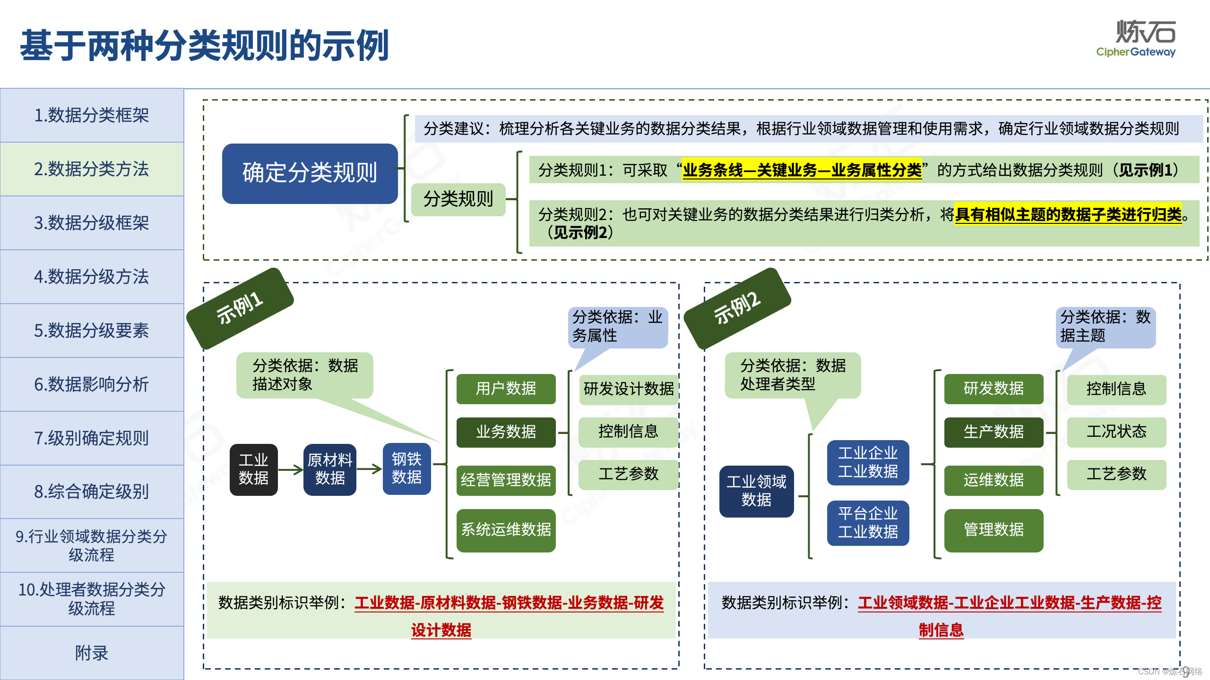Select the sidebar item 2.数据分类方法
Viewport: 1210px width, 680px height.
coord(92,169)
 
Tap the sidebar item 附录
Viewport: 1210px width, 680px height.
coord(92,653)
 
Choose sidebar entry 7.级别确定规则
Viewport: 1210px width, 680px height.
coord(92,438)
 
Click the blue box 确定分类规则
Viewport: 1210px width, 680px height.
coord(310,173)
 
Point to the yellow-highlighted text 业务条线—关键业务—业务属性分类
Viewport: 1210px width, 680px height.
coord(802,170)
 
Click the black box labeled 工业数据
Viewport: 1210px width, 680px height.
coord(253,469)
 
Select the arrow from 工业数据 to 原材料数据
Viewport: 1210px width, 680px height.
coord(291,469)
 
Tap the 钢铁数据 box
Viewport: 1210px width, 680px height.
coord(406,468)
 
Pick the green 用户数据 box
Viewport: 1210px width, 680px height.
coord(506,389)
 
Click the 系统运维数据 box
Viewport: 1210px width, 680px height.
coord(506,530)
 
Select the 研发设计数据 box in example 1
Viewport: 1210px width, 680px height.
coord(628,389)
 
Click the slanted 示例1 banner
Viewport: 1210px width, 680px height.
coord(240,308)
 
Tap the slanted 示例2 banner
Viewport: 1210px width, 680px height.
coord(737,308)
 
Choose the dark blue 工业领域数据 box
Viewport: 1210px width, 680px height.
coord(756,491)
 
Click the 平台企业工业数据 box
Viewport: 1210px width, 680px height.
coord(868,523)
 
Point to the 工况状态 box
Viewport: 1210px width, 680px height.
coord(1116,432)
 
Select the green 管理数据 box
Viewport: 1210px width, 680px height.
coord(994,530)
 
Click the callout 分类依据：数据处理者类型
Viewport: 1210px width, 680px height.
coord(793,375)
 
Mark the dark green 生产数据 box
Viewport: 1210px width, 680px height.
coord(994,432)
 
